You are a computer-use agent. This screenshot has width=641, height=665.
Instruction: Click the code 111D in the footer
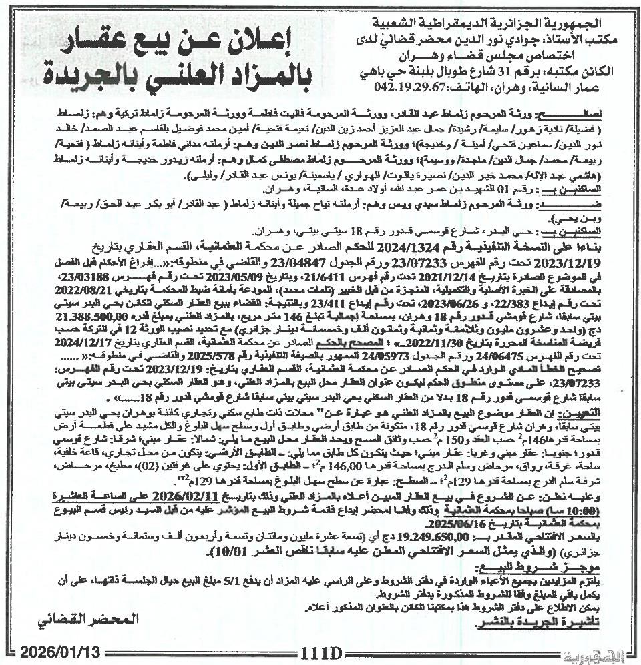coord(321,649)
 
